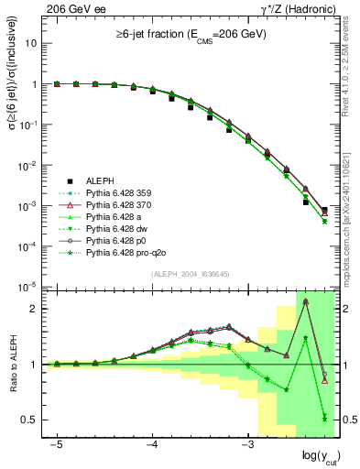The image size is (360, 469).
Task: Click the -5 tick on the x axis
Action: [57, 443]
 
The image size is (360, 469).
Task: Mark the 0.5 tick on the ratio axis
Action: [29, 420]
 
